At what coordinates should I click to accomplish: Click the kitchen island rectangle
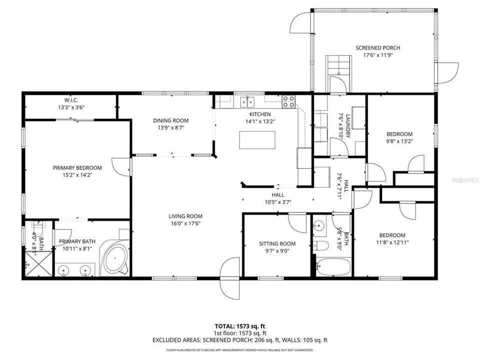point(257,140)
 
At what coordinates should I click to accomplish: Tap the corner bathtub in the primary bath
point(115,258)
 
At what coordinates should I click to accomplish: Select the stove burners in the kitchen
point(288,101)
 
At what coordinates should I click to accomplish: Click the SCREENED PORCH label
point(377,48)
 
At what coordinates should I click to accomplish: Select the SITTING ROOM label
point(277,244)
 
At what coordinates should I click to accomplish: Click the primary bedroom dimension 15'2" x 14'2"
point(77,175)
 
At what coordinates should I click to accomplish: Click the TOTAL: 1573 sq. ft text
point(240,325)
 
